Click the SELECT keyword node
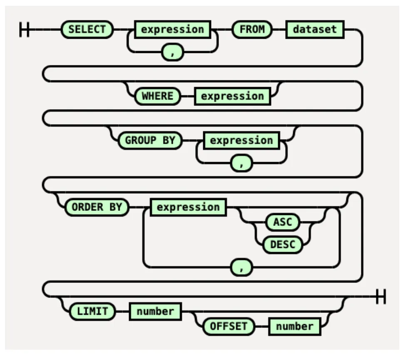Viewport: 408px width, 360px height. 87,30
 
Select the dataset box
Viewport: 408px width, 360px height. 315,30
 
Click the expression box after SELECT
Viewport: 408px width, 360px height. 172,30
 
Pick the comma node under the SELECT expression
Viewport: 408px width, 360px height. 172,53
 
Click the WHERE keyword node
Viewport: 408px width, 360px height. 157,96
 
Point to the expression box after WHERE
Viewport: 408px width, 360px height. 232,96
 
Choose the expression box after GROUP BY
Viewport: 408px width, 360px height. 241,140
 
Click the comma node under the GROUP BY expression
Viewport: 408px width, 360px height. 241,163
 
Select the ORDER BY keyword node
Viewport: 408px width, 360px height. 97,207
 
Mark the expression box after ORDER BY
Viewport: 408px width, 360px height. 188,207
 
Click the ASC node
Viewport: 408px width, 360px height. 283,222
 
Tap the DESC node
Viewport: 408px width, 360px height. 283,245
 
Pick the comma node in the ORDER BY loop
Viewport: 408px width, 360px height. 241,267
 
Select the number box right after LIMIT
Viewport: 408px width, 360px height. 155,311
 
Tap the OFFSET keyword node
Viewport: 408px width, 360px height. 229,326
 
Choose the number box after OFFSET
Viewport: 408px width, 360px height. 294,326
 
